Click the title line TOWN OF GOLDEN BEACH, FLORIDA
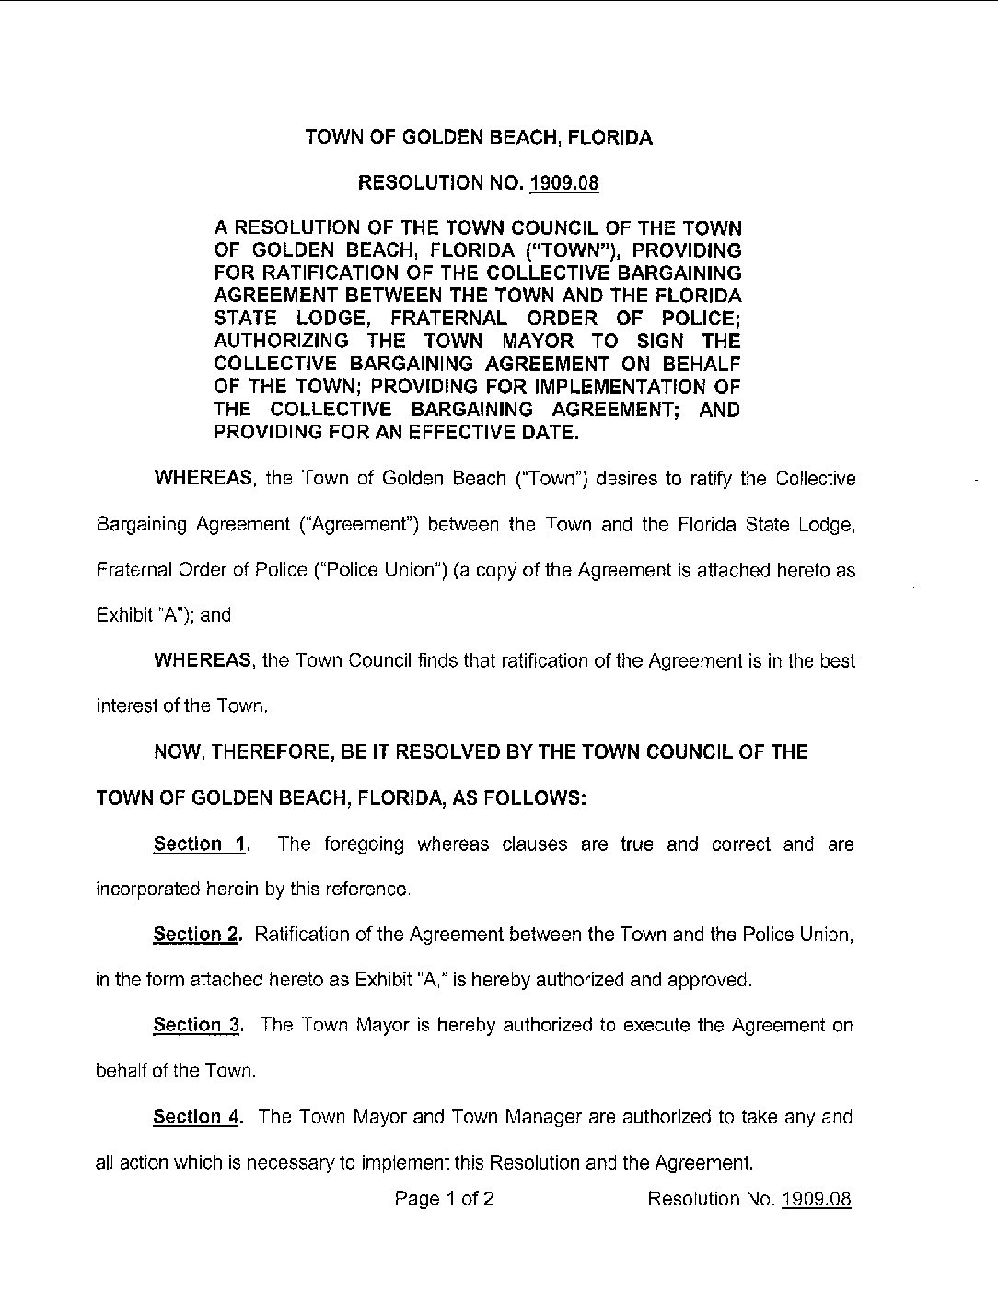478,138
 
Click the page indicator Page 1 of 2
445,1199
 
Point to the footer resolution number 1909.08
816,1199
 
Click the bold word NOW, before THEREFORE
180,752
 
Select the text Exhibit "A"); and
163,616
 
